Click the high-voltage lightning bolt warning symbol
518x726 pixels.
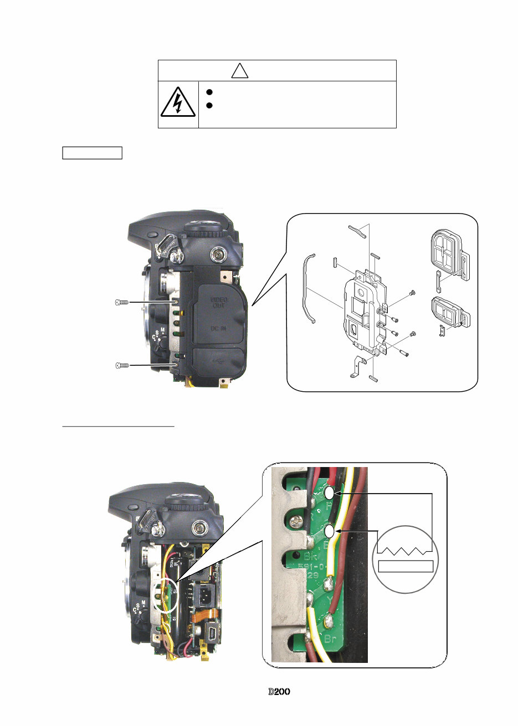coord(178,103)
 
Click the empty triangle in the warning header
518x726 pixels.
coord(239,71)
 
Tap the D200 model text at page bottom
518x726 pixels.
coord(279,692)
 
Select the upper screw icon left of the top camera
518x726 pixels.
coord(122,302)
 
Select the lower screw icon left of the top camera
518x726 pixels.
coord(122,365)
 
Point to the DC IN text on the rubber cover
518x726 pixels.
coord(218,328)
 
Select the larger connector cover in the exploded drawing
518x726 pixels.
coord(450,253)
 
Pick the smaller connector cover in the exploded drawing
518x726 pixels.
coord(450,312)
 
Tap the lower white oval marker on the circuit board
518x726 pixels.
coord(330,532)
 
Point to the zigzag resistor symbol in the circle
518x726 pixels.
coord(404,551)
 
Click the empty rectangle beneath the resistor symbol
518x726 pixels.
coord(405,566)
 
